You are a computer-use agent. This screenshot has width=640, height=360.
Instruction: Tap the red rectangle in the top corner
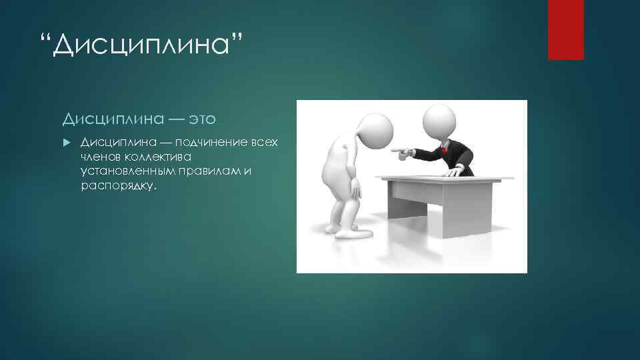[565, 29]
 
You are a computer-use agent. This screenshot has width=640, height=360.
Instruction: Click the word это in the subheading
[202, 119]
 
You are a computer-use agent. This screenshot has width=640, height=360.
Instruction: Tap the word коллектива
[157, 158]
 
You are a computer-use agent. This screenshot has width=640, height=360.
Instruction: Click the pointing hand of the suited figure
[403, 155]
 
